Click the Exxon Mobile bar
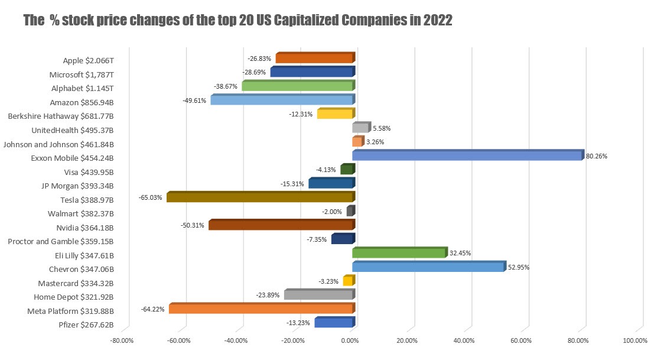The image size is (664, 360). (x=467, y=156)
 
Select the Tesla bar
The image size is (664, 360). (x=260, y=197)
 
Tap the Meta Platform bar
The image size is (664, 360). (x=261, y=309)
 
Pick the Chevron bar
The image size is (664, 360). (x=428, y=267)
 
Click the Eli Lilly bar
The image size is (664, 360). (x=399, y=254)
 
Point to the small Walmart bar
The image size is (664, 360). (x=350, y=212)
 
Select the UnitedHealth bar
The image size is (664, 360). (x=360, y=128)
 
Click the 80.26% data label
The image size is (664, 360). (x=597, y=157)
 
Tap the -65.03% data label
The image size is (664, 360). (x=152, y=198)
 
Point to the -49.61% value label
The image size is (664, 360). (x=196, y=100)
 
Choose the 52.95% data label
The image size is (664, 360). (x=519, y=267)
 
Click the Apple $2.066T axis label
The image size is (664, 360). (x=88, y=60)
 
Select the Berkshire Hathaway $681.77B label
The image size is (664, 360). (x=61, y=116)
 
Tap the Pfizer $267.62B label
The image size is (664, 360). (x=86, y=325)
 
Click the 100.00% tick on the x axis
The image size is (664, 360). (x=636, y=340)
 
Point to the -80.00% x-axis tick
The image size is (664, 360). (x=122, y=340)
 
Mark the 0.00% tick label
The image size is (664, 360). (x=351, y=340)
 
